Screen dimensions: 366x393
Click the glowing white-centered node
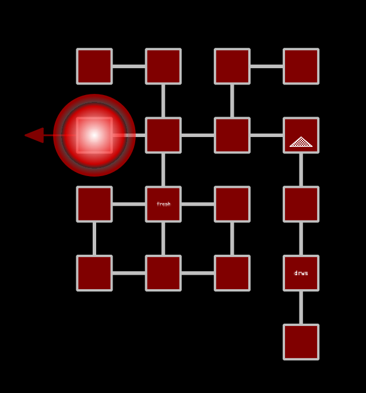coord(94,135)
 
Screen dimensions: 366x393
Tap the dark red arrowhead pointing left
coord(34,135)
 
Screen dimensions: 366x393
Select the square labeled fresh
coord(163,204)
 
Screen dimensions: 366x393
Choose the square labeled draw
coord(301,273)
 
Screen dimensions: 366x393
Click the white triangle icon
coord(301,142)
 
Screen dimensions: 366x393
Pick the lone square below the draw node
coord(301,342)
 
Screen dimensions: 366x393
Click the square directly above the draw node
coord(301,204)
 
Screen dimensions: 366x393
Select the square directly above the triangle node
coord(301,66)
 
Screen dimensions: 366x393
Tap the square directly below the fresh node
coord(163,273)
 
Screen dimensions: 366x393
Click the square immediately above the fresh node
coord(163,135)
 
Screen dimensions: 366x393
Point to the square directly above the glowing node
coord(94,66)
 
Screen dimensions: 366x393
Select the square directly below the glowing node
coord(94,204)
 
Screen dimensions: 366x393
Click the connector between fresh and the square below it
coord(163,238)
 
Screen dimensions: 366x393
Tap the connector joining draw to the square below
coord(301,307)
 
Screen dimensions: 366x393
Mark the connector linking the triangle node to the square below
coord(301,170)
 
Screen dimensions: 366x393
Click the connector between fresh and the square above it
coord(163,170)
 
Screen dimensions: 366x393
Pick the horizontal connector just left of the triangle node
coord(266,135)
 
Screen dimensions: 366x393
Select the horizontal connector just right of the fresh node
coord(198,204)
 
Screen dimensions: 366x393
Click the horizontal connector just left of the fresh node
coord(129,204)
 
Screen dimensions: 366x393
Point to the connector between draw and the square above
coord(301,238)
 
